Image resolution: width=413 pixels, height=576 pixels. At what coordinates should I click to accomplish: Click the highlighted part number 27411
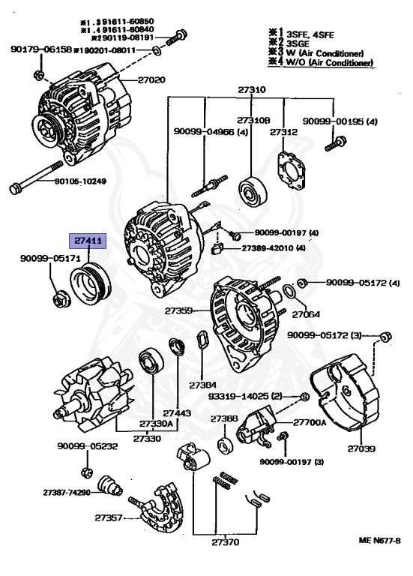tap(89, 241)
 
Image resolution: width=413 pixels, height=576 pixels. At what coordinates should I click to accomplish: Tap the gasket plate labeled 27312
tap(288, 168)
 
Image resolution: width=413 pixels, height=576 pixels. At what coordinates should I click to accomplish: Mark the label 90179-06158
tap(40, 49)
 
